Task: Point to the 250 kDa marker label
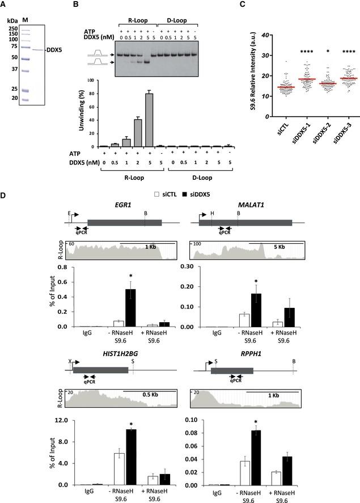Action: (11, 28)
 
